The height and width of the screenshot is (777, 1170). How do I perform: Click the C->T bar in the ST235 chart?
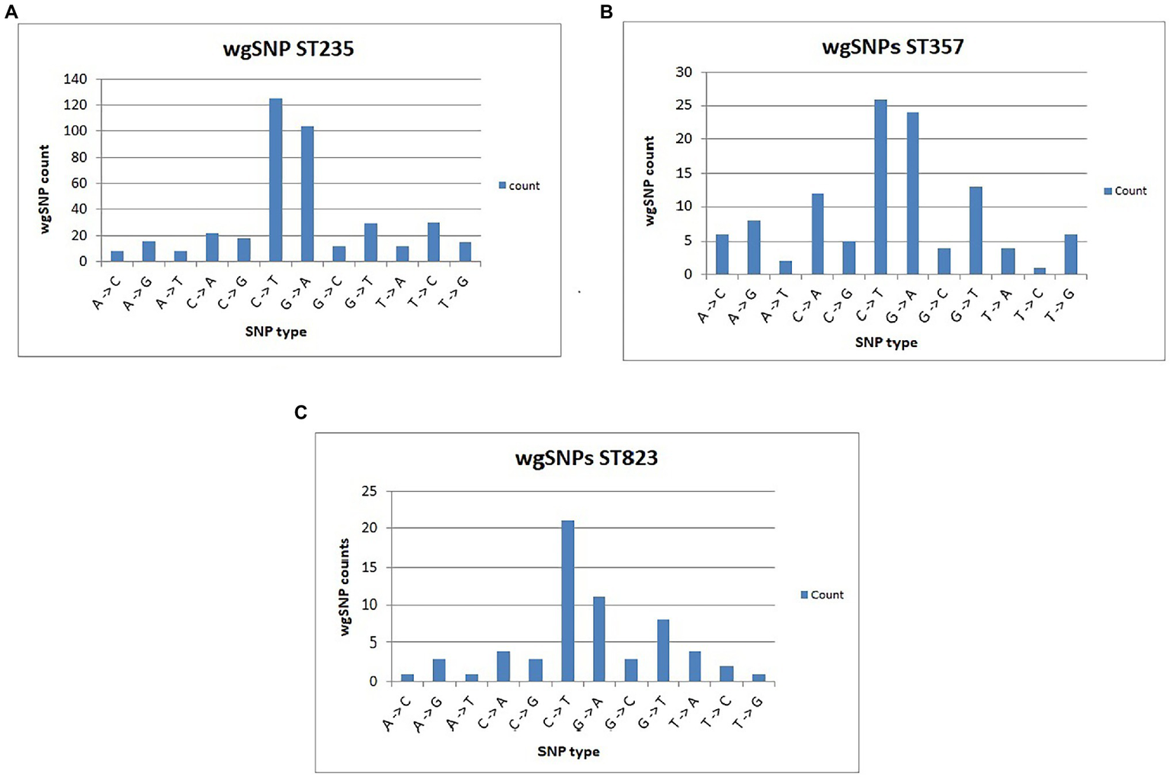(275, 180)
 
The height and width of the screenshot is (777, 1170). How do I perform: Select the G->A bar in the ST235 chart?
(307, 194)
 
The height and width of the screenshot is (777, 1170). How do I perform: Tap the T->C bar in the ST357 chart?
(1039, 271)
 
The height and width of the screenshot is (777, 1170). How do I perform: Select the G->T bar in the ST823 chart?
(663, 650)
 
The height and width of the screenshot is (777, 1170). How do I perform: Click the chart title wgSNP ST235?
(288, 50)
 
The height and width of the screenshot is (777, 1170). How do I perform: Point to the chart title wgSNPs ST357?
(893, 47)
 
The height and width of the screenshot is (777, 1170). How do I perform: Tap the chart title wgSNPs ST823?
(586, 458)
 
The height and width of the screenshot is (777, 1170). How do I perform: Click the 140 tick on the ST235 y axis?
(75, 79)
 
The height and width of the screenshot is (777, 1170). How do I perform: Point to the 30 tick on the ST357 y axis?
(684, 72)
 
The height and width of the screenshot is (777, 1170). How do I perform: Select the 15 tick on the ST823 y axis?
(369, 567)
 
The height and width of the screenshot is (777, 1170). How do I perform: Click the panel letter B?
(607, 12)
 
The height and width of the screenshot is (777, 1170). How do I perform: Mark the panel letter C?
(301, 413)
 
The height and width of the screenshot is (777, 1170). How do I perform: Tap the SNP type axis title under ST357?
(886, 342)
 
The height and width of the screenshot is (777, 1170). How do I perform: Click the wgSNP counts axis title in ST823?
(345, 587)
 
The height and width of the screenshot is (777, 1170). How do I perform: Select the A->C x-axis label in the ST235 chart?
(107, 293)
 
